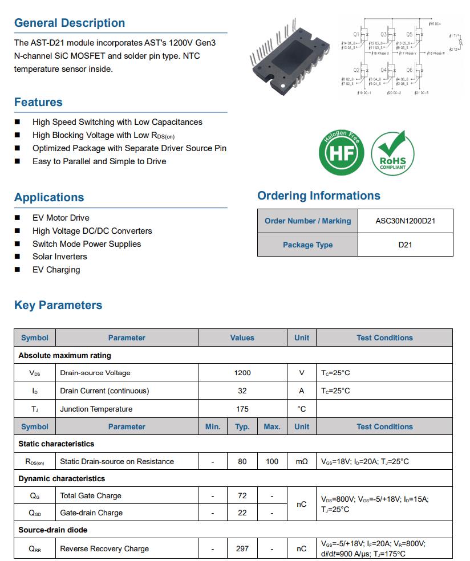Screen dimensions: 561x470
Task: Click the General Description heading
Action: coord(70,23)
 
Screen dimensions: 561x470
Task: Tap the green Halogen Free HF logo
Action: coord(341,152)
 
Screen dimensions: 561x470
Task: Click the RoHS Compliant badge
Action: coord(392,152)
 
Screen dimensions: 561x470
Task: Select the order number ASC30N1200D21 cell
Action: coord(405,221)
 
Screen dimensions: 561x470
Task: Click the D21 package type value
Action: coord(405,245)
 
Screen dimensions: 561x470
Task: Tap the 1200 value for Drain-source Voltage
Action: coord(242,373)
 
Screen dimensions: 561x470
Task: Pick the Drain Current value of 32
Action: coord(242,391)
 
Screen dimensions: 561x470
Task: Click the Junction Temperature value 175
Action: coord(242,409)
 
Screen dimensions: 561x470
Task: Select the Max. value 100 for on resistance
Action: coord(272,461)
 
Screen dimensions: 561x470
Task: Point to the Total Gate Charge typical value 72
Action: coord(242,495)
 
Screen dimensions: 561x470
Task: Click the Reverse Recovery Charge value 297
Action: coord(242,548)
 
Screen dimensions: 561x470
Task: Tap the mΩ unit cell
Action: coord(302,461)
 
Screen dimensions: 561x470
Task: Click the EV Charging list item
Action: coord(56,270)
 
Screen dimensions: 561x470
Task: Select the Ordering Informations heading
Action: coord(319,196)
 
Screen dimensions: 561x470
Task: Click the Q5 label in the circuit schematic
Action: coord(409,34)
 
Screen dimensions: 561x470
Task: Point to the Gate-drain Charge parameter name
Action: coord(91,513)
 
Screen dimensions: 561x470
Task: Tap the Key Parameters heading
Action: coord(58,305)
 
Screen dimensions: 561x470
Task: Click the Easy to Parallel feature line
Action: coord(99,161)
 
